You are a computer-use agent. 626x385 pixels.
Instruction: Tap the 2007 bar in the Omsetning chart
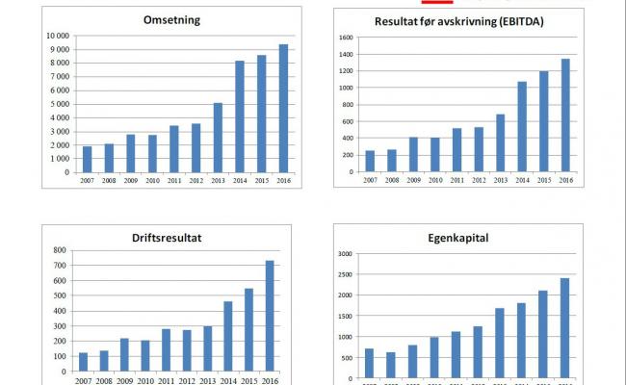[86, 160]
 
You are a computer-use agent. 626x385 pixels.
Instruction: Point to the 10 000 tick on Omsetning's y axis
[56, 36]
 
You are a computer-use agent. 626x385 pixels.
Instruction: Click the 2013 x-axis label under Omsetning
[218, 180]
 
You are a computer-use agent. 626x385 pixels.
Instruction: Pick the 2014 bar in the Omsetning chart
[240, 116]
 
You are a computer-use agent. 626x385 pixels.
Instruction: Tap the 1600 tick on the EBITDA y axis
[347, 38]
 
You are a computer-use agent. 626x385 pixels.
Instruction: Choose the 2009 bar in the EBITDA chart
[413, 155]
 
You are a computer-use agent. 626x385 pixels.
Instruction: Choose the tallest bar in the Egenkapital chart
[563, 327]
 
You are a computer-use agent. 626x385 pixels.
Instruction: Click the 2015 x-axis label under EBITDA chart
[542, 180]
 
